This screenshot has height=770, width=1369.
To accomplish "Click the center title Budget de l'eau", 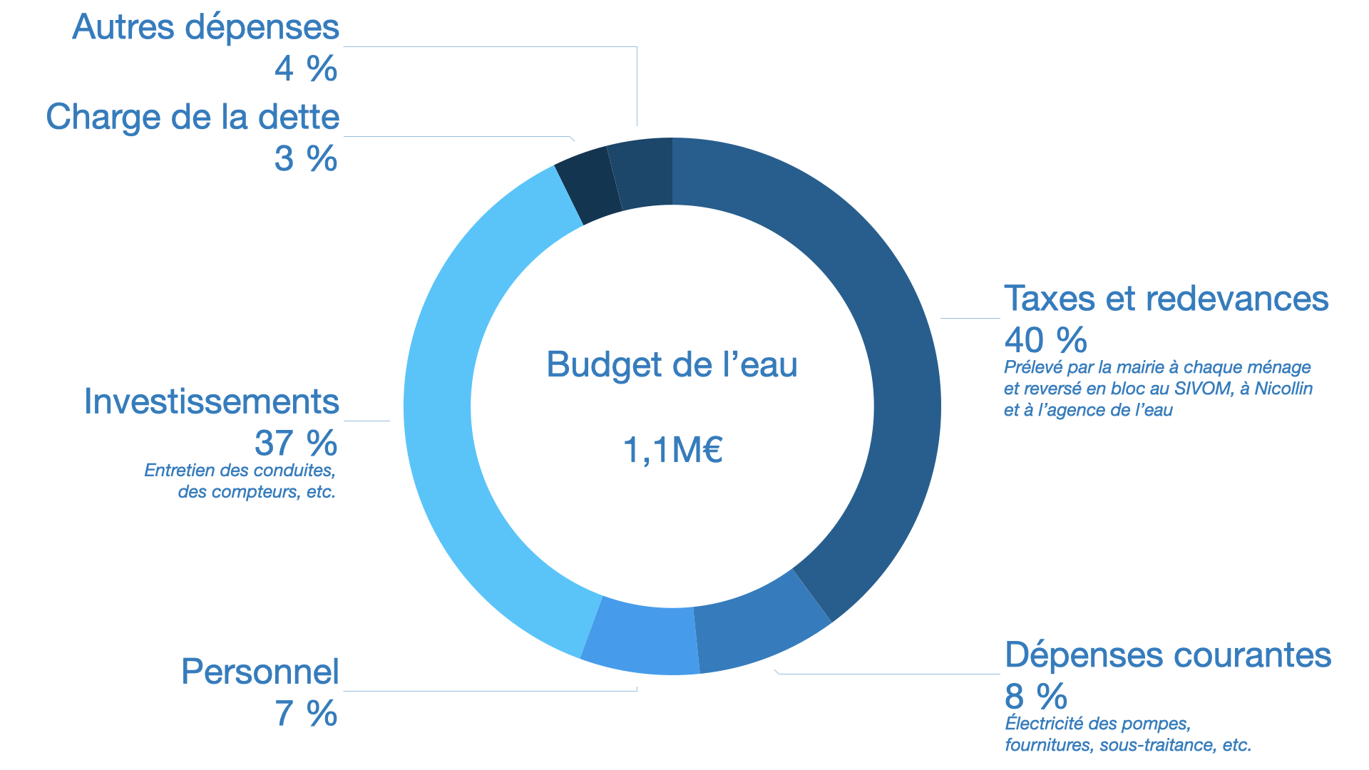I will coord(672,365).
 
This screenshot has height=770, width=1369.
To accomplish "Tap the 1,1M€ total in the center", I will coord(672,450).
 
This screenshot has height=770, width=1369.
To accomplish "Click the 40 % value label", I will coord(1045,340).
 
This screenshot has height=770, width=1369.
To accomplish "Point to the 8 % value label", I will coord(1035,696).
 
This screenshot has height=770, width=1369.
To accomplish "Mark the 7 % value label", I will coord(306,713).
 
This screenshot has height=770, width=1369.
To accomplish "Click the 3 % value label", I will coord(306,158).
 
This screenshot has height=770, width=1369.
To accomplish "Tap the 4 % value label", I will coord(306,68).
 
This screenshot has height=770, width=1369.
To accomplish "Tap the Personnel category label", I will coord(260,672).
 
